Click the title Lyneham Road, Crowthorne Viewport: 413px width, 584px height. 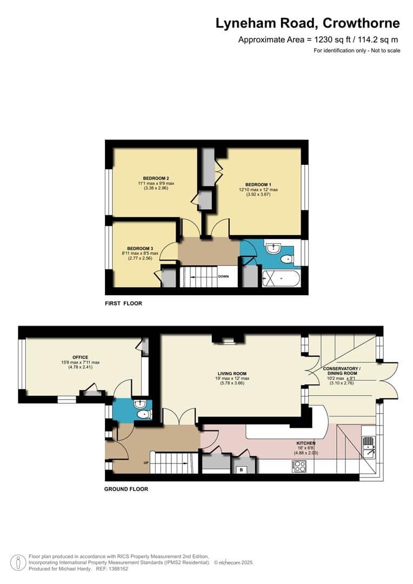(x=308, y=23)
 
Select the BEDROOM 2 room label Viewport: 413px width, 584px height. (x=156, y=178)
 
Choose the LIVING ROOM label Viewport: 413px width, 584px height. (x=232, y=373)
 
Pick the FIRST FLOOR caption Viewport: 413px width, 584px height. (x=123, y=303)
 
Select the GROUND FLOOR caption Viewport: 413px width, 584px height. (x=126, y=489)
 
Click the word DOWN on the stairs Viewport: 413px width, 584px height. (x=223, y=276)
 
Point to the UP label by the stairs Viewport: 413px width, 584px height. (x=145, y=463)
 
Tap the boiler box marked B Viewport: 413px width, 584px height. (x=241, y=470)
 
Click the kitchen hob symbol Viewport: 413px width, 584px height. (x=299, y=465)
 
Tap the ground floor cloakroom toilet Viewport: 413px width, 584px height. (x=143, y=415)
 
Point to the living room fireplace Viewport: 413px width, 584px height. (x=228, y=339)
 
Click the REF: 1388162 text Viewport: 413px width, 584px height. (x=111, y=568)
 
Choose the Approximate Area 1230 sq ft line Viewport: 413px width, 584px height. (x=319, y=39)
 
